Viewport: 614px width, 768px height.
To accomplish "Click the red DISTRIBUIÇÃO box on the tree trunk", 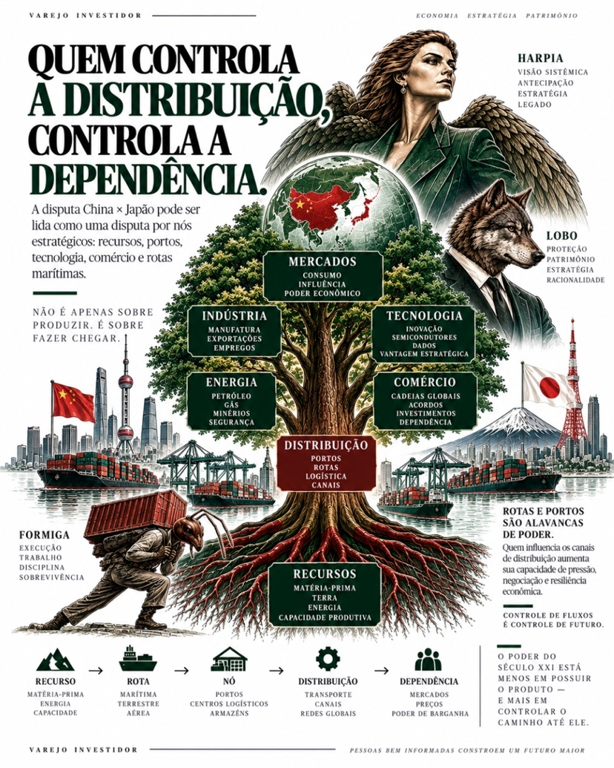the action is click(326, 465).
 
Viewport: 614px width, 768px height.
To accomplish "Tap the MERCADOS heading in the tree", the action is click(322, 261).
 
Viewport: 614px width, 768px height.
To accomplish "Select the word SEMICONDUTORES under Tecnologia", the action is click(424, 338).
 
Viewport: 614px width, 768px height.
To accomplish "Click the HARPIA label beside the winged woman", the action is click(540, 59).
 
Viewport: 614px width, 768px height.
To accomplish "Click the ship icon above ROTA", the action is click(138, 659).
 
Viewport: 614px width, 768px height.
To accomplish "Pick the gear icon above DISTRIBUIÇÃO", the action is click(328, 659).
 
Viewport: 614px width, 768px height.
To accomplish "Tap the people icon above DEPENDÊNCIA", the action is click(428, 660).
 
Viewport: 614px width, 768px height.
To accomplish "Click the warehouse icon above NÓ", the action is click(230, 659).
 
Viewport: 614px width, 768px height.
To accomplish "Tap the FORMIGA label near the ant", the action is click(44, 535).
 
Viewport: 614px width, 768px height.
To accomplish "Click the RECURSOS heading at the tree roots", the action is click(325, 574).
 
